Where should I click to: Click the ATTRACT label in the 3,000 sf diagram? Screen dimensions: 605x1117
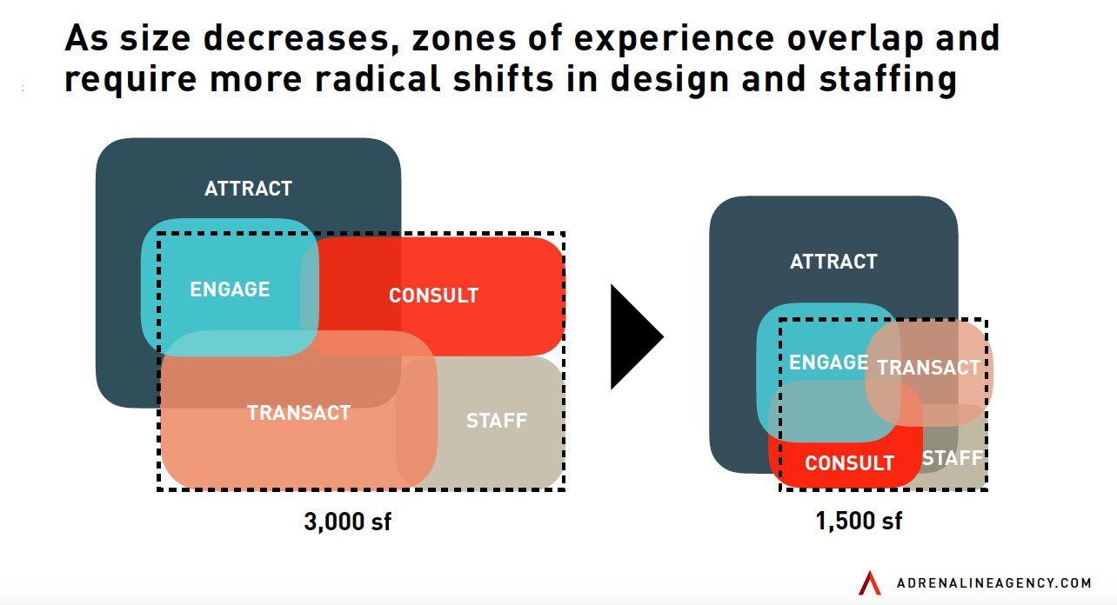pyautogui.click(x=248, y=189)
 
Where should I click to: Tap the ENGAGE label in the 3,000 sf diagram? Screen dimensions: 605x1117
pyautogui.click(x=230, y=289)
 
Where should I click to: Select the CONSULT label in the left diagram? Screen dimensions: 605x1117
pyautogui.click(x=433, y=296)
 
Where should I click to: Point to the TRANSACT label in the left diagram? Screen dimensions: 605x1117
pyautogui.click(x=298, y=413)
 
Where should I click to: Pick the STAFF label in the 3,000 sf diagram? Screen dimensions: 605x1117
pyautogui.click(x=497, y=422)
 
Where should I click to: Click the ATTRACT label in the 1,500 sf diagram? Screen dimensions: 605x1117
pyautogui.click(x=833, y=262)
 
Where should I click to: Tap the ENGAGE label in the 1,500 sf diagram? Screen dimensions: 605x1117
pyautogui.click(x=828, y=362)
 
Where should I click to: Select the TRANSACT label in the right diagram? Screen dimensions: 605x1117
pyautogui.click(x=928, y=368)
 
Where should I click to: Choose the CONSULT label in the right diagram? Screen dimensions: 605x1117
pyautogui.click(x=849, y=463)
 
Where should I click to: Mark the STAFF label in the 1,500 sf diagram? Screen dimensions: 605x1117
pyautogui.click(x=952, y=458)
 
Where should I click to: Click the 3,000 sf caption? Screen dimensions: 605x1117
pyautogui.click(x=347, y=522)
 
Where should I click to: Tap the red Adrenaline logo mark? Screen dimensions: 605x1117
pyautogui.click(x=869, y=582)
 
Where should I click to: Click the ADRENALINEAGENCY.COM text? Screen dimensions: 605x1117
pyautogui.click(x=993, y=582)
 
